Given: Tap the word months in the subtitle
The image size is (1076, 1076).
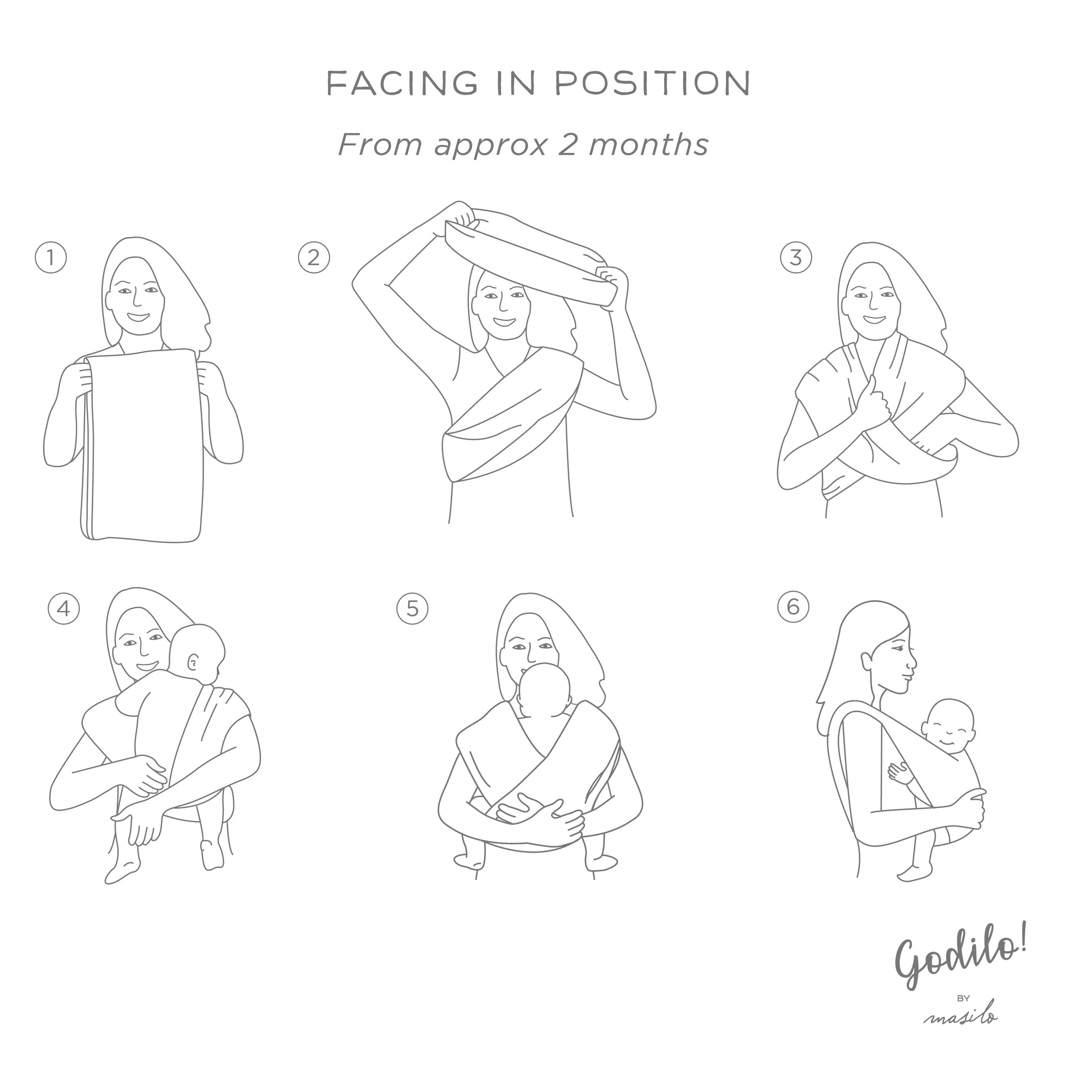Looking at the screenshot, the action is (648, 144).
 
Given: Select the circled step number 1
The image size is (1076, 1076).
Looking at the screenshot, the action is (51, 258).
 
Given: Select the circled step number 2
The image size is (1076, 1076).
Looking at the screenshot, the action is (314, 258).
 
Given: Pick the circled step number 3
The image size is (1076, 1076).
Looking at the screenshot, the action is (795, 258).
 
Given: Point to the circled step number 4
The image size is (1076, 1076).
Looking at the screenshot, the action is (64, 608).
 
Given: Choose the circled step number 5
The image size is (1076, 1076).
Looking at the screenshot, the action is (412, 608).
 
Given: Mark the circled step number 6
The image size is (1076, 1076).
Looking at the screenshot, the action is (793, 606).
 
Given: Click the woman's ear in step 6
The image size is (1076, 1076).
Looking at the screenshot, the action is (866, 661).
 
